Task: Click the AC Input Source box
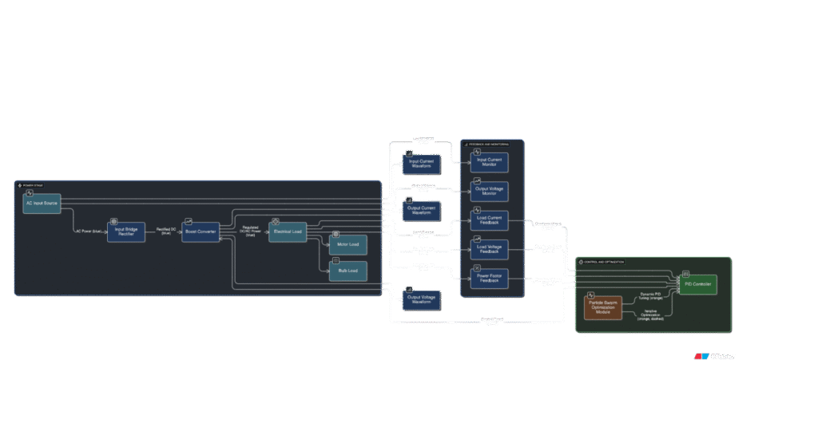click(x=42, y=204)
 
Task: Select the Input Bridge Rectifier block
click(x=126, y=231)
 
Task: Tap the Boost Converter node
click(x=201, y=231)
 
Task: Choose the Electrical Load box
click(x=287, y=231)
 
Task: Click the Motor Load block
click(x=348, y=244)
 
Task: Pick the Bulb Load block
click(x=348, y=271)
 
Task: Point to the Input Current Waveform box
click(x=421, y=163)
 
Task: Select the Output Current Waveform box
click(x=421, y=212)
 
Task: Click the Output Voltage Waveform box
click(x=421, y=301)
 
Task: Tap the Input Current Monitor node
click(x=490, y=162)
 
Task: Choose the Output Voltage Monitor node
click(x=490, y=191)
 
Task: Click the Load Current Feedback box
click(x=490, y=220)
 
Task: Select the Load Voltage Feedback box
click(x=490, y=249)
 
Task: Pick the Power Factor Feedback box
click(x=490, y=279)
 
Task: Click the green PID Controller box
click(x=698, y=283)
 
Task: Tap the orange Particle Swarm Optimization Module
click(x=603, y=308)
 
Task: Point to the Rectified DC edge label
click(x=166, y=231)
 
